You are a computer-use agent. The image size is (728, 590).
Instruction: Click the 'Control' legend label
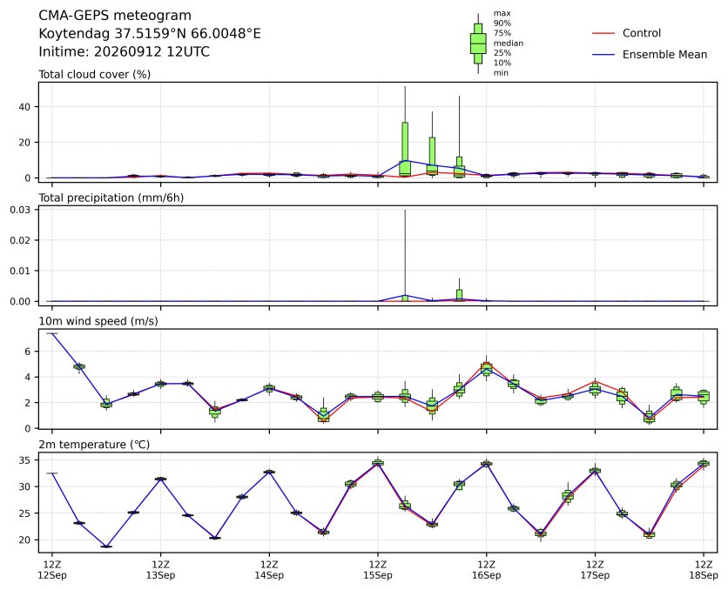click(x=641, y=33)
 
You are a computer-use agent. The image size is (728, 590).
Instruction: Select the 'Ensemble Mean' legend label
click(x=664, y=55)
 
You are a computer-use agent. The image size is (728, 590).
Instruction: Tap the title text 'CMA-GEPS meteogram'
click(x=115, y=16)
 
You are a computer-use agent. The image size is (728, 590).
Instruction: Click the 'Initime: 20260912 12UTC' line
click(x=124, y=51)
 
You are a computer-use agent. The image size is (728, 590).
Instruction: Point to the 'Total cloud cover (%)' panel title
click(x=94, y=75)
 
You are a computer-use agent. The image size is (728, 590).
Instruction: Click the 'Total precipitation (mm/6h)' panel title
click(x=111, y=198)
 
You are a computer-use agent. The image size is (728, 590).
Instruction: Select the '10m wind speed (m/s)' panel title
click(x=98, y=321)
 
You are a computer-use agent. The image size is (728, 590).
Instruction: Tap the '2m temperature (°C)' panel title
click(x=94, y=445)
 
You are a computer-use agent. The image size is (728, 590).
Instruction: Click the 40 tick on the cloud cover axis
click(x=24, y=107)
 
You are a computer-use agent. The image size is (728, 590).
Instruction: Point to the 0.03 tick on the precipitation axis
click(x=20, y=210)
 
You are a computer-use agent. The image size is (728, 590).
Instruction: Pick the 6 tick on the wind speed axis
click(x=27, y=352)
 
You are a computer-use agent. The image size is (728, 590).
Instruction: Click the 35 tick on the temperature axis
click(x=24, y=460)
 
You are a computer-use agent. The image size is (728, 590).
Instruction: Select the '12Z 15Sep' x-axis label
click(x=377, y=570)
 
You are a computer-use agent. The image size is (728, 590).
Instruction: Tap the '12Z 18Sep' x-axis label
click(x=704, y=570)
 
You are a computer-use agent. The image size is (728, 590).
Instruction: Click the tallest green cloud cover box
click(x=405, y=149)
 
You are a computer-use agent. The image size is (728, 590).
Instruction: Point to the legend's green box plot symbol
click(x=478, y=44)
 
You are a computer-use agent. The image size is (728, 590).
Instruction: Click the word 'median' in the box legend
click(x=509, y=44)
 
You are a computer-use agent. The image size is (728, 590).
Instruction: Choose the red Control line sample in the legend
click(x=603, y=33)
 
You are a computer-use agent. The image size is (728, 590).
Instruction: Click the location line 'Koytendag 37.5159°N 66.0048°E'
click(x=150, y=34)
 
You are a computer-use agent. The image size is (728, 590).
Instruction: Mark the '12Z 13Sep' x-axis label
click(x=160, y=570)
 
